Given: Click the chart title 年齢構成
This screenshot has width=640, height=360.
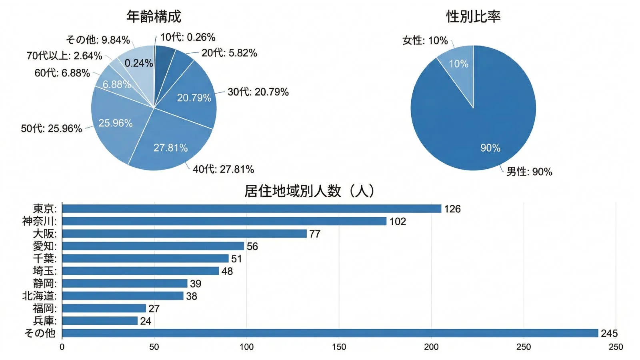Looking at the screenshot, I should pyautogui.click(x=154, y=16).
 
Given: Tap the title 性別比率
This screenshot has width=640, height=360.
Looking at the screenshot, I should pyautogui.click(x=473, y=16).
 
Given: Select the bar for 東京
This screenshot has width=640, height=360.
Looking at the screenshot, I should pyautogui.click(x=252, y=209).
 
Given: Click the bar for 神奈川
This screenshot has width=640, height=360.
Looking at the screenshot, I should pyautogui.click(x=224, y=221).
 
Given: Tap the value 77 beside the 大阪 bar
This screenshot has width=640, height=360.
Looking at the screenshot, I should pyautogui.click(x=315, y=234).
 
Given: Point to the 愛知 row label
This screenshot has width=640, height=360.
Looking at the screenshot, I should pyautogui.click(x=44, y=246).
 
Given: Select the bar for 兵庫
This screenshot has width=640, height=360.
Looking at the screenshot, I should pyautogui.click(x=100, y=321).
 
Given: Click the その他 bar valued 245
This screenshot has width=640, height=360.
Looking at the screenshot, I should pyautogui.click(x=330, y=333).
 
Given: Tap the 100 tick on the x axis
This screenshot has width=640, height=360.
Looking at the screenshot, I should pyautogui.click(x=246, y=347).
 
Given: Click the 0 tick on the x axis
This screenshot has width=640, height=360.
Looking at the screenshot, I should pyautogui.click(x=62, y=347).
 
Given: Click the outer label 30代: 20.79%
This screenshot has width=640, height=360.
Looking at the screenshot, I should pyautogui.click(x=258, y=92).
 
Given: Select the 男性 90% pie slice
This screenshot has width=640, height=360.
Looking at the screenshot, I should pyautogui.click(x=480, y=128).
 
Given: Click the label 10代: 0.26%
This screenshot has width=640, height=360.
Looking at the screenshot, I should pyautogui.click(x=188, y=37).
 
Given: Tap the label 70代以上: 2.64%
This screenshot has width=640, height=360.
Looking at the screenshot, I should pyautogui.click(x=64, y=56).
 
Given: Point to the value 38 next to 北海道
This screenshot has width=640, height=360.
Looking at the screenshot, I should pyautogui.click(x=192, y=296).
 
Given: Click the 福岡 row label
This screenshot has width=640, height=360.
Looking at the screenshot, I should pyautogui.click(x=44, y=308).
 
